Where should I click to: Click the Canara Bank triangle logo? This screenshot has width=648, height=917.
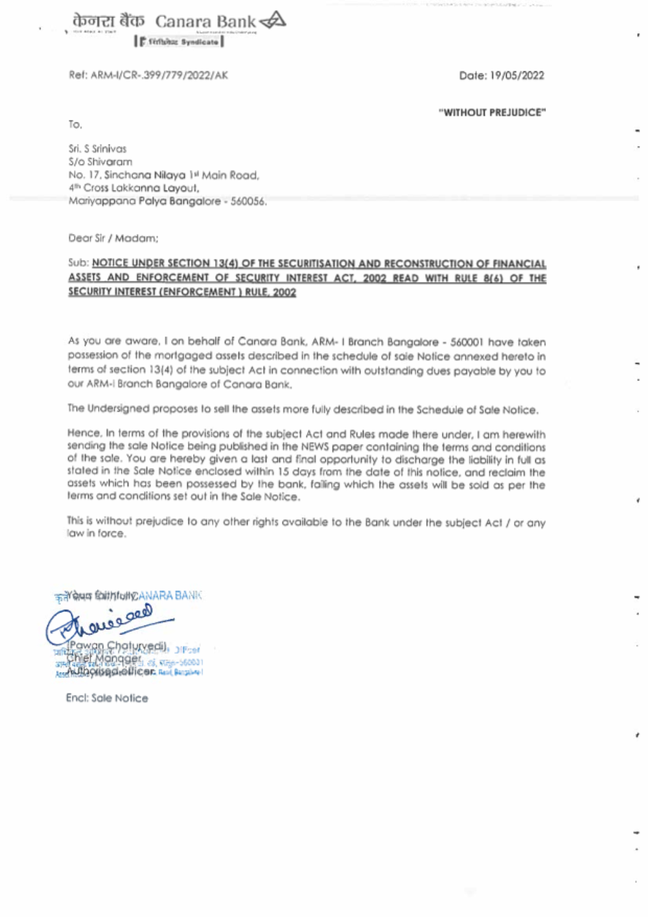273,21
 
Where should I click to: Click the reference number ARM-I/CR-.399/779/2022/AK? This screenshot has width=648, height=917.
159,75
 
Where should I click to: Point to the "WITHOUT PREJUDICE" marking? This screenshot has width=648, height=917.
492,113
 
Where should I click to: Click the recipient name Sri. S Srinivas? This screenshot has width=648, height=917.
98,148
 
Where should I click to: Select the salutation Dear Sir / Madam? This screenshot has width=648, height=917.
113,238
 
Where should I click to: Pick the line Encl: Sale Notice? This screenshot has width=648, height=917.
107,698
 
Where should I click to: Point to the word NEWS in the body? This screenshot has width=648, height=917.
315,447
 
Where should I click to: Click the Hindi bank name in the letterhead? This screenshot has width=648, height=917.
108,21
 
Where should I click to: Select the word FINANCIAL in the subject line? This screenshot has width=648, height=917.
519,264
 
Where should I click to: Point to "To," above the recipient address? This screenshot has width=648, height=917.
75,124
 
